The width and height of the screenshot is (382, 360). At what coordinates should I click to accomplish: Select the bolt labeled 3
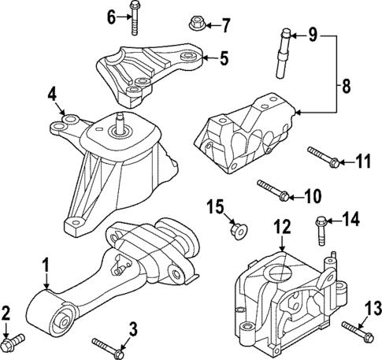pos(107,346)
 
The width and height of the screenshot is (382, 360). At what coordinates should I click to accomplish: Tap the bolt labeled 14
pos(322,230)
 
